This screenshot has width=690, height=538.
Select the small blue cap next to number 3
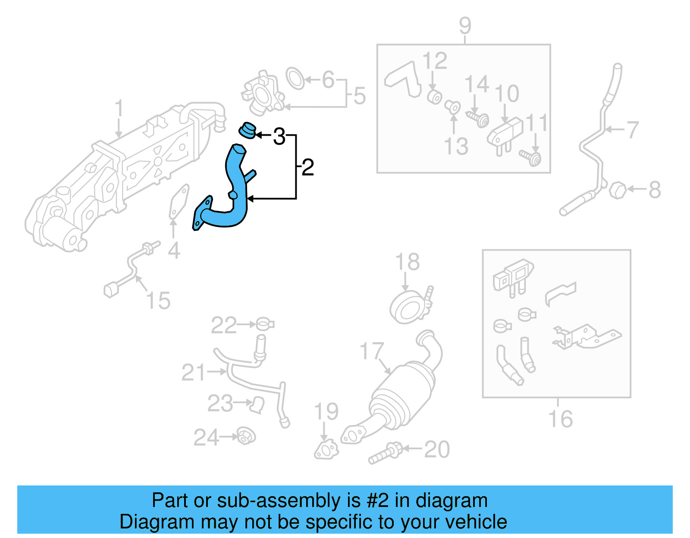248,130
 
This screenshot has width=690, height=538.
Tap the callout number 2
307,168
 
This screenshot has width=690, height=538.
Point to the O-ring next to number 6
295,78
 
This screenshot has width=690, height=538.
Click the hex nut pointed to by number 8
618,190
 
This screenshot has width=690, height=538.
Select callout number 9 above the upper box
465,26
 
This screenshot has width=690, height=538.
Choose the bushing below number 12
435,97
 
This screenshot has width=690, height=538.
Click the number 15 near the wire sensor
158,300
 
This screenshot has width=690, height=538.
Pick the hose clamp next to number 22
264,324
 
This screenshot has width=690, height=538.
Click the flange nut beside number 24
246,437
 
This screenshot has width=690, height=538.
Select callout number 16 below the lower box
560,419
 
